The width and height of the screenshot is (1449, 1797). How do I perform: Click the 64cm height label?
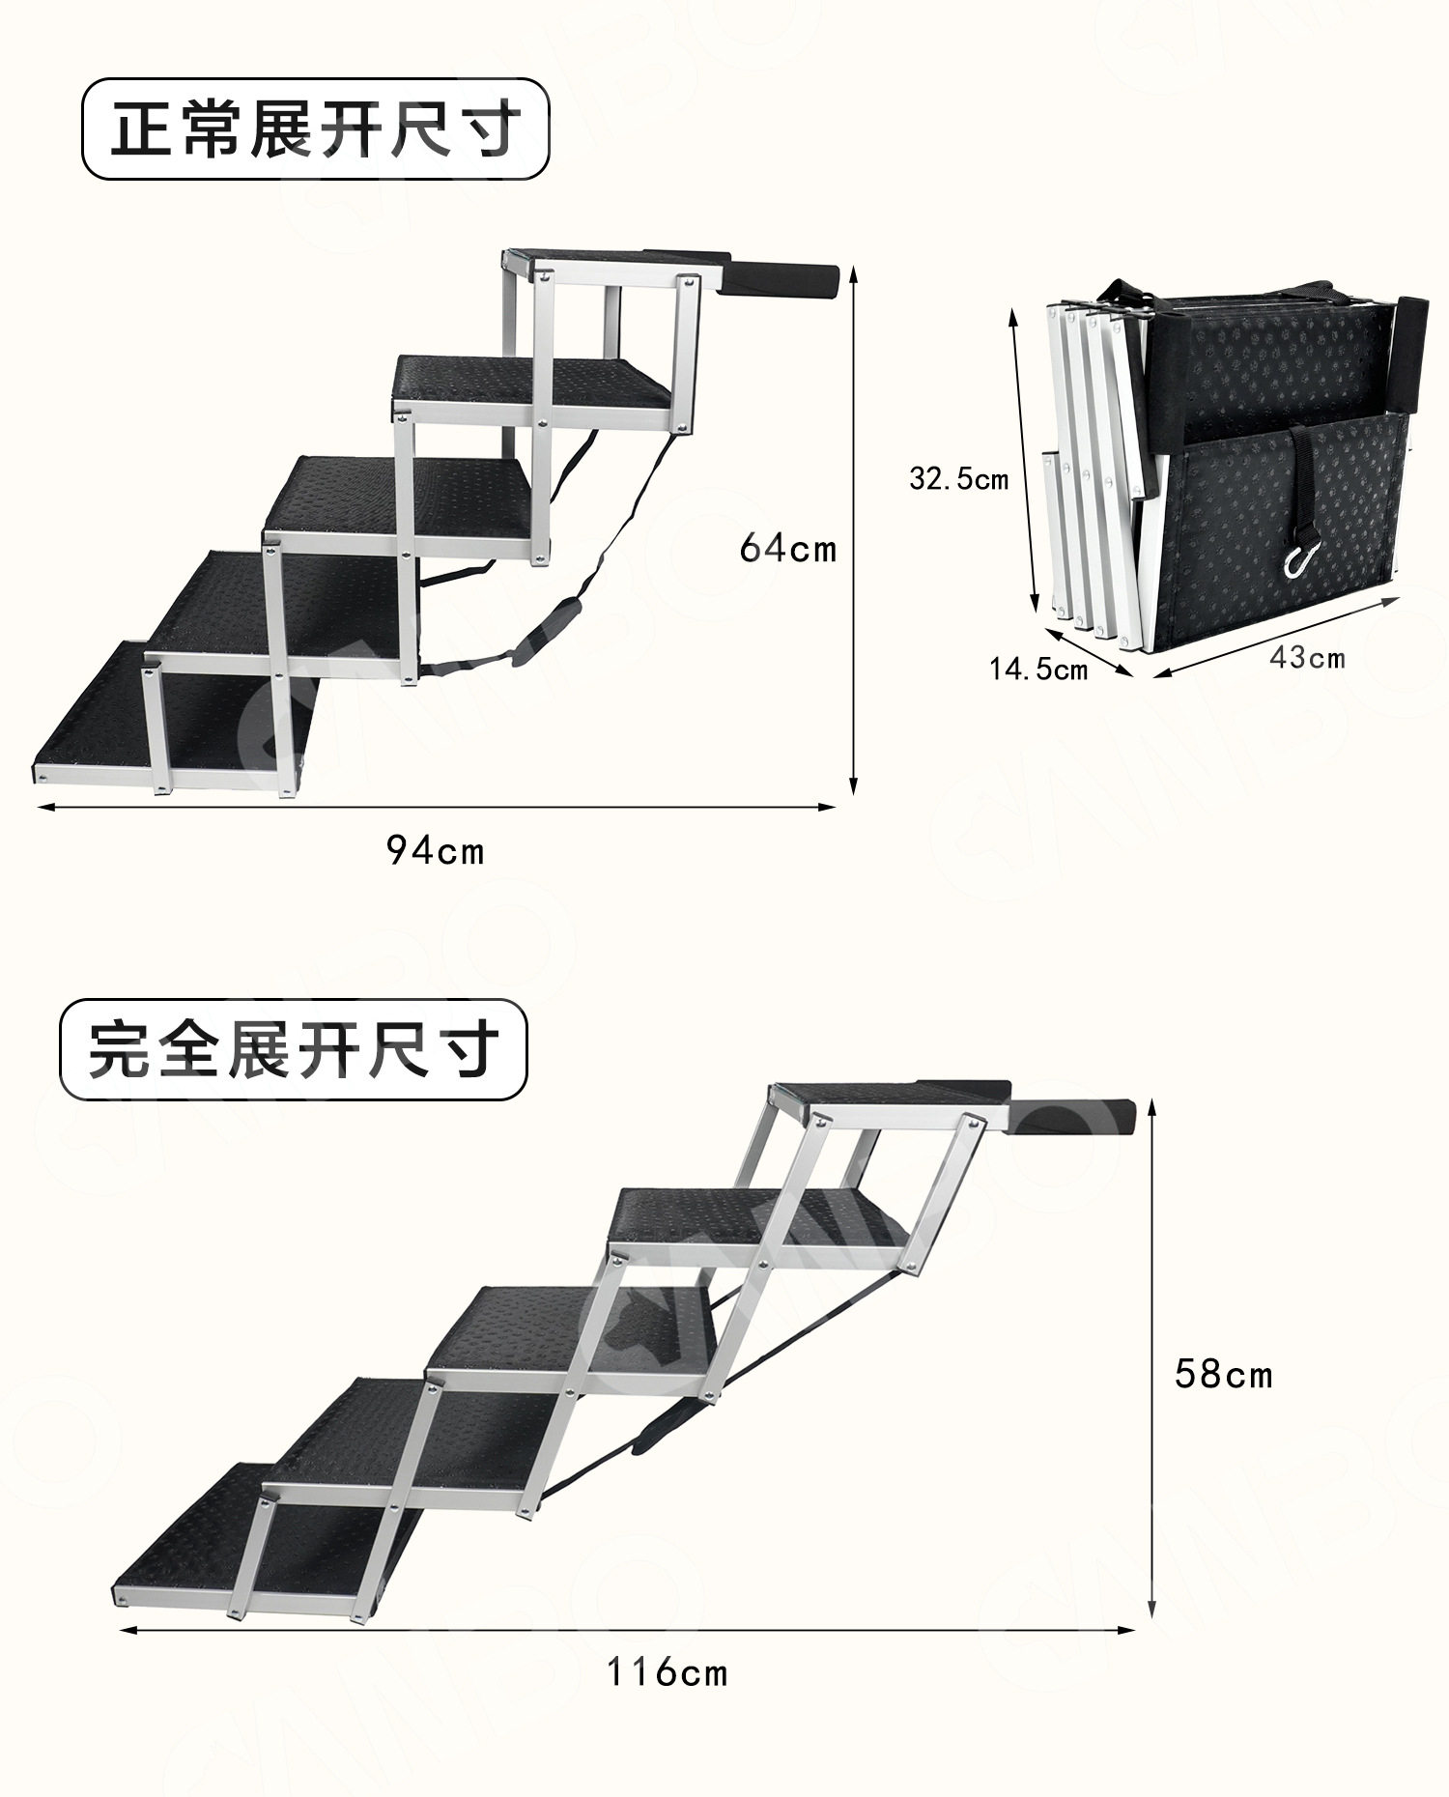(787, 549)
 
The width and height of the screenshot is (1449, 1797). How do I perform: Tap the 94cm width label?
(435, 850)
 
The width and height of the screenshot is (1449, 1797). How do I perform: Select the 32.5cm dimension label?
(958, 477)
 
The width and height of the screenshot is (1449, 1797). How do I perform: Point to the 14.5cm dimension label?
(1037, 669)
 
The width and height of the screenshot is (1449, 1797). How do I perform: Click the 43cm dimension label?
(1306, 657)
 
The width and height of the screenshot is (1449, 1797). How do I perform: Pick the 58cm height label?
(1223, 1374)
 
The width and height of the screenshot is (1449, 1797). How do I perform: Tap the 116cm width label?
(667, 1671)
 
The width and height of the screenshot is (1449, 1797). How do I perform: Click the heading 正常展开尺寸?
(315, 129)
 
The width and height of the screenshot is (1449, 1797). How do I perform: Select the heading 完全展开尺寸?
(294, 1050)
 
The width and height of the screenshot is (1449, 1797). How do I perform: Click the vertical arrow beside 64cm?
(854, 531)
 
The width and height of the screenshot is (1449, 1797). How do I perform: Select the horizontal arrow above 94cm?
(435, 807)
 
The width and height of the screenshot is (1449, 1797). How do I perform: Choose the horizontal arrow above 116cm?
(628, 1631)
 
